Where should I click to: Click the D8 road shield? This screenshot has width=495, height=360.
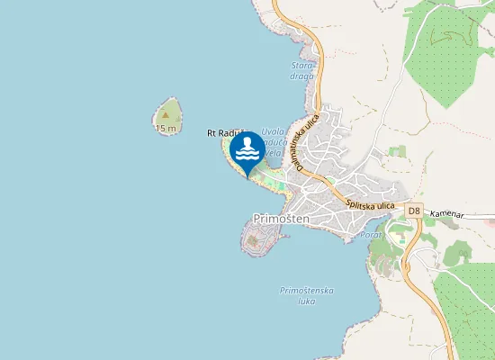413,211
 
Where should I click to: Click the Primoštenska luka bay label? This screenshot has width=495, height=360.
308,296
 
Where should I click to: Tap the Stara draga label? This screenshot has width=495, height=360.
301,70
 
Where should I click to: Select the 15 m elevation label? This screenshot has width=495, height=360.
165,128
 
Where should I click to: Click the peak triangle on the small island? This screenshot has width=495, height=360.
166,114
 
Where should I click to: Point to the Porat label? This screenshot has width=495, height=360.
371,234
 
